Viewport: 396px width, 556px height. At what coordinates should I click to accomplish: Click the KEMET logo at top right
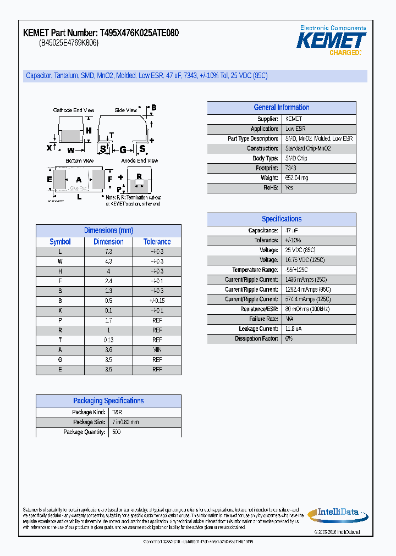[x=331, y=41]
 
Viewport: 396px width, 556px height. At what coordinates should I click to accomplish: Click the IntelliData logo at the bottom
[x=335, y=514]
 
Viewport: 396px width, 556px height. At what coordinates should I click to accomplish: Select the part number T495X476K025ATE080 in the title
[x=139, y=34]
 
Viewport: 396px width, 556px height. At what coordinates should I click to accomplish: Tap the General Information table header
[x=281, y=108]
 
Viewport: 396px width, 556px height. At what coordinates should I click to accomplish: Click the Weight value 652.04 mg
[x=296, y=178]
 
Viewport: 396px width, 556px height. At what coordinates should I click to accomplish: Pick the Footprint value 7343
[x=290, y=168]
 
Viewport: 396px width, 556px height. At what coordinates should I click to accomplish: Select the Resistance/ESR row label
[x=257, y=309]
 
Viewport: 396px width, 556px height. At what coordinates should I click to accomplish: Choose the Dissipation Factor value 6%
[x=289, y=339]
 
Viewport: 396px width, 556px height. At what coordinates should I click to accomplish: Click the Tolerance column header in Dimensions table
[x=157, y=242]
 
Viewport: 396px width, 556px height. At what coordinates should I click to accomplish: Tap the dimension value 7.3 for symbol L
[x=108, y=252]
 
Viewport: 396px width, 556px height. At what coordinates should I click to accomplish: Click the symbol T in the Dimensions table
[x=60, y=340]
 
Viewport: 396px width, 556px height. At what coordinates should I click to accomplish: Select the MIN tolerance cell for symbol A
[x=157, y=350]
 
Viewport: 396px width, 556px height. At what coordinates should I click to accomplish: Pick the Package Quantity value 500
[x=116, y=432]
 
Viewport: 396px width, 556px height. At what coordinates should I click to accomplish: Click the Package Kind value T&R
[x=117, y=413]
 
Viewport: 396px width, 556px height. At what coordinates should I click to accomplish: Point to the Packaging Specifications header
[x=108, y=401]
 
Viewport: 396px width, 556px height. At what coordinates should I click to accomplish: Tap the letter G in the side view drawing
[x=123, y=149]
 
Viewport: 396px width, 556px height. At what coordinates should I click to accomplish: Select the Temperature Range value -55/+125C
[x=296, y=270]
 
